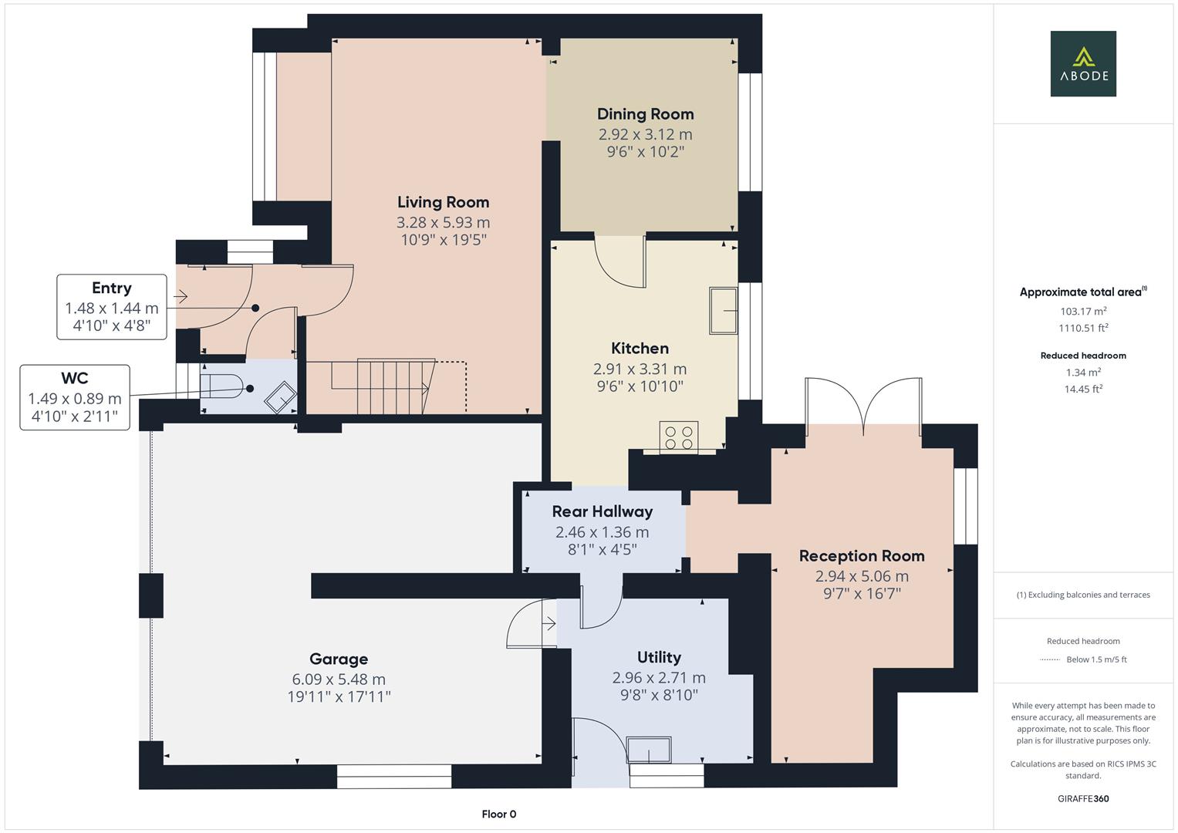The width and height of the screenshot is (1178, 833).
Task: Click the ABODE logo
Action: pos(1082,63)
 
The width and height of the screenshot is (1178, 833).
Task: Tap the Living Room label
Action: pos(443,202)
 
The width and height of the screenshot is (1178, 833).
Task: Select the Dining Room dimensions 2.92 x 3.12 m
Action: pos(645,134)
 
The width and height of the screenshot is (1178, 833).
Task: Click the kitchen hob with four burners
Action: pos(679,437)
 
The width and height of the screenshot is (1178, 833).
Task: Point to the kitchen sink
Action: pos(724,311)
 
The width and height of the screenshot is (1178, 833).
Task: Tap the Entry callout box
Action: pos(112,307)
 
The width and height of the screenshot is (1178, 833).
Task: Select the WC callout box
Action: pos(75,397)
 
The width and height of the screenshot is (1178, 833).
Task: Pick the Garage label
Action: pos(339,659)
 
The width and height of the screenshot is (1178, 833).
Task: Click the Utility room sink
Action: pos(649,750)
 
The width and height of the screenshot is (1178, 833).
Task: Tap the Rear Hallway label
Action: pos(602,511)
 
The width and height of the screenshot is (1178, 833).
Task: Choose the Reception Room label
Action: pos(861,556)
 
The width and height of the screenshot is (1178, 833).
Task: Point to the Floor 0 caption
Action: pos(498,814)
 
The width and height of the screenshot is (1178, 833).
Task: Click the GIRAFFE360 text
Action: pos(1083,798)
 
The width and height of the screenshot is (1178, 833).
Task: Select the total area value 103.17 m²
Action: pos(1083,312)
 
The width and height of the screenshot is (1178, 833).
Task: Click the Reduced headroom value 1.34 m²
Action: pos(1083,372)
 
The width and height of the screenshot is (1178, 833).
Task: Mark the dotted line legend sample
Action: pos(1050,659)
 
